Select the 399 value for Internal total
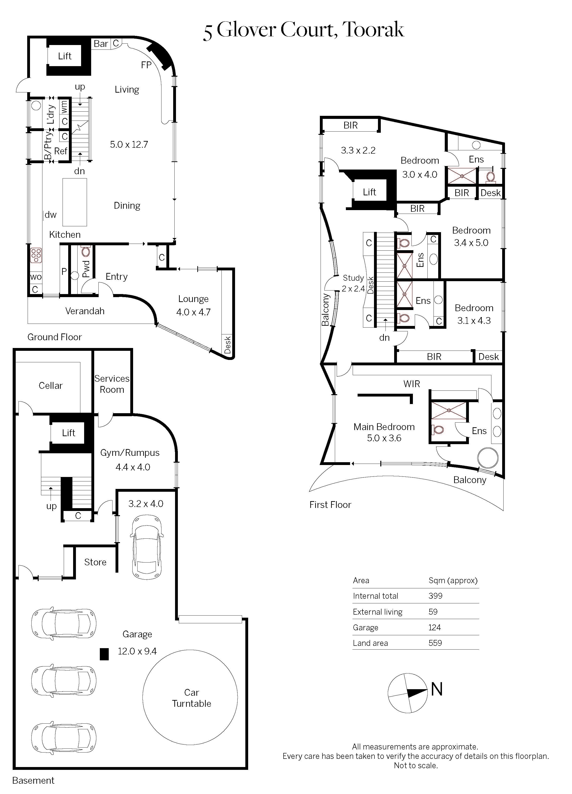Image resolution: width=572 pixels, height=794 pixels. (435, 596)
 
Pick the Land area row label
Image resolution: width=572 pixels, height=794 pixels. (370, 643)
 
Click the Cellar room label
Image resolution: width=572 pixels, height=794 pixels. (50, 386)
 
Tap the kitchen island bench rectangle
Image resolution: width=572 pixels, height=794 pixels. (75, 202)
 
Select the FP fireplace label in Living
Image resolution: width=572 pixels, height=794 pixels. (146, 65)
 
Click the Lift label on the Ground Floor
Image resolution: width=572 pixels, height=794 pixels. (65, 56)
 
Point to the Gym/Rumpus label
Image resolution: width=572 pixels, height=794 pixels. (130, 453)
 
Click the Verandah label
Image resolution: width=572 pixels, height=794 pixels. (85, 311)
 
